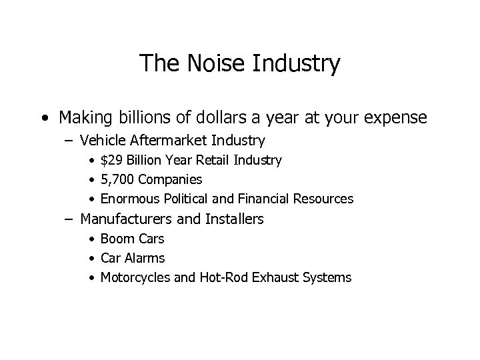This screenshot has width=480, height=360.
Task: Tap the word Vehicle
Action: (x=101, y=141)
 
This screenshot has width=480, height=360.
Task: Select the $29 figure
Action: (x=111, y=161)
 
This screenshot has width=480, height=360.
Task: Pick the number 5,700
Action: (x=115, y=180)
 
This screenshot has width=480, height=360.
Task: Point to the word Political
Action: (x=186, y=199)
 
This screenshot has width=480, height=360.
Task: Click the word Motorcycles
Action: (x=135, y=277)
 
